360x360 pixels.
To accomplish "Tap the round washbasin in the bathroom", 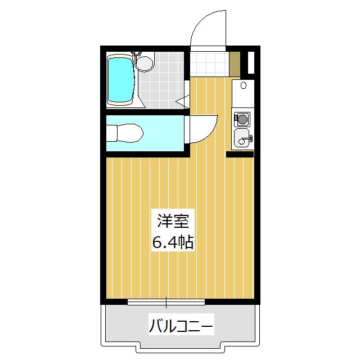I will click(x=145, y=63).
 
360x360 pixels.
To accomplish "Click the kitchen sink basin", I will click(x=242, y=137).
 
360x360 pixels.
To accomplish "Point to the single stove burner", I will click(x=242, y=119).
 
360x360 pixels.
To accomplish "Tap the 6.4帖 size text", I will click(x=173, y=242).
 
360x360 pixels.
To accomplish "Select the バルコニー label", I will click(x=181, y=326).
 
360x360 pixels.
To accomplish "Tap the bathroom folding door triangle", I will click(x=182, y=102).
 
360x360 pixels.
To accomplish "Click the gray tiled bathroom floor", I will click(x=163, y=84).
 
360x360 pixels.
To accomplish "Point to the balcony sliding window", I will click(x=166, y=303).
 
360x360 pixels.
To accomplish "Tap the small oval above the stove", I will click(x=242, y=86).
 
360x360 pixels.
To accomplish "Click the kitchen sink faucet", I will click(x=250, y=138).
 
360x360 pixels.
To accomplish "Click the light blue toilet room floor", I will click(x=163, y=132).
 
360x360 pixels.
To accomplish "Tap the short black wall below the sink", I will click(x=240, y=154).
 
